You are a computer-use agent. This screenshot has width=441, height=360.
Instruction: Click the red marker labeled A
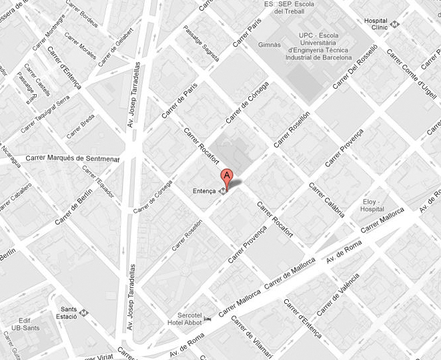click(x=227, y=178)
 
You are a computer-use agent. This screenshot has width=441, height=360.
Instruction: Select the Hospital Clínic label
click(x=376, y=25)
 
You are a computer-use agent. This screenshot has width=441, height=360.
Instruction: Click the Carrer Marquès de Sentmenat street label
click(x=73, y=158)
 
